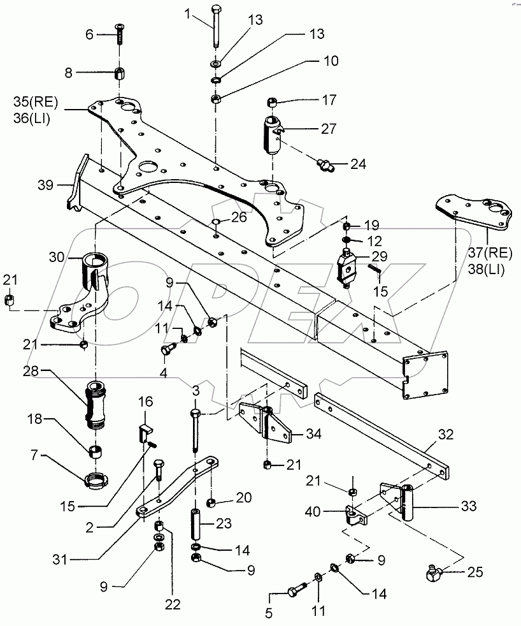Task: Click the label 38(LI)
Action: pyautogui.click(x=485, y=270)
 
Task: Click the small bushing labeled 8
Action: pyautogui.click(x=119, y=73)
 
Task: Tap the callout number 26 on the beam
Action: pyautogui.click(x=238, y=217)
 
